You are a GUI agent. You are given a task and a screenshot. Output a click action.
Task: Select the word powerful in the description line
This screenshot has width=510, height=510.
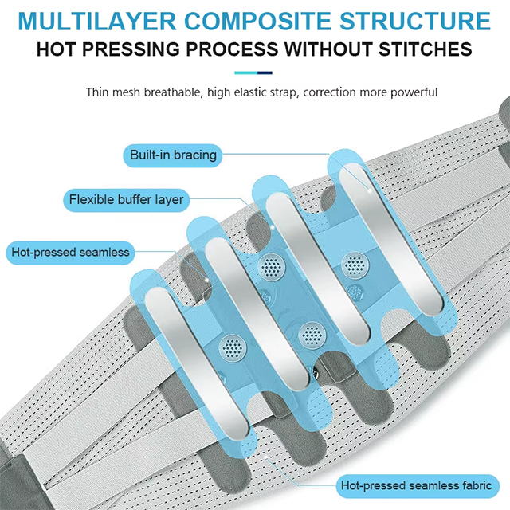pyautogui.click(x=413, y=92)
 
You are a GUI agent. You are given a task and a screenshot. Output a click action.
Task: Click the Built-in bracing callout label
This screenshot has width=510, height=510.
pyautogui.click(x=174, y=155)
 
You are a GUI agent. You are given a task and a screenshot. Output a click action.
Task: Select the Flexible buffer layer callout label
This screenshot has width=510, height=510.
pyautogui.click(x=126, y=199)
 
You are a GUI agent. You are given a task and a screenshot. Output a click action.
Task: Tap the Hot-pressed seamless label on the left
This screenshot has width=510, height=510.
pyautogui.click(x=70, y=253)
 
